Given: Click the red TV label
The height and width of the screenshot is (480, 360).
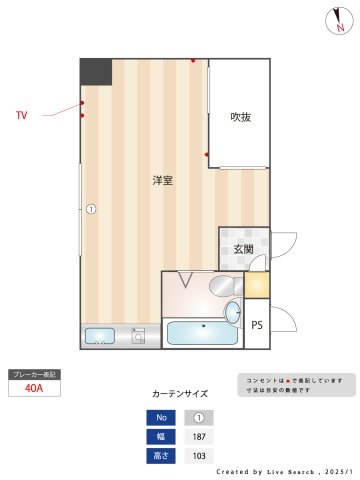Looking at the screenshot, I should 21,116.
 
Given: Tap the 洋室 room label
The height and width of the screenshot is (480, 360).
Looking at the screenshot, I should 162,181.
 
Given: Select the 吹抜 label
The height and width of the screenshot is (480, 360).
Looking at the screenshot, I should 240,117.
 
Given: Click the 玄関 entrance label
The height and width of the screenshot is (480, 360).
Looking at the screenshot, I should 243,250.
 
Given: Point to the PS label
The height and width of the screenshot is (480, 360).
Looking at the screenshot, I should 257,324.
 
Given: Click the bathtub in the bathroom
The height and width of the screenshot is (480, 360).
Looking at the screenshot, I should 200,333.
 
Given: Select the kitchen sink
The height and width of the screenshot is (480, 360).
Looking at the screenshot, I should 100,336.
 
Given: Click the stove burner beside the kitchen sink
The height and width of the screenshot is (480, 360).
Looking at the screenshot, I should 139,336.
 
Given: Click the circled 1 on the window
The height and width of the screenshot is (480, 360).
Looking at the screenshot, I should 90,209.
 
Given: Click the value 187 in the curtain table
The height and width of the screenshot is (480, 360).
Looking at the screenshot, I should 198,437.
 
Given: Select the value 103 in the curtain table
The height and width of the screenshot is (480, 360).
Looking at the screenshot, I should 198,456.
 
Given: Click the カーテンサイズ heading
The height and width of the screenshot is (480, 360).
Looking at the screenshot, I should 180,394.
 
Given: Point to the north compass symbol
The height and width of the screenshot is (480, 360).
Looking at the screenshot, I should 338,22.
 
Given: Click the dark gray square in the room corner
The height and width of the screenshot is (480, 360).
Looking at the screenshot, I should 96,71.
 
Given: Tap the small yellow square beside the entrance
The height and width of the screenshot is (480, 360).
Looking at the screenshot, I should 257,285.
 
